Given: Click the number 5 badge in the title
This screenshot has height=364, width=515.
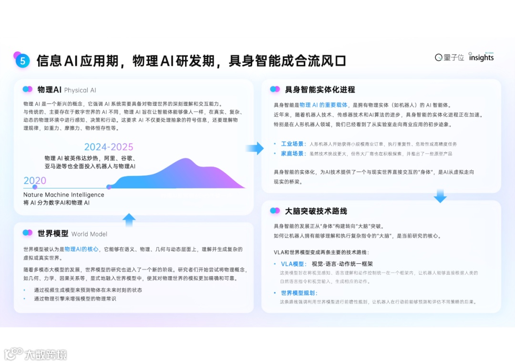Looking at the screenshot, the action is pos(22,61).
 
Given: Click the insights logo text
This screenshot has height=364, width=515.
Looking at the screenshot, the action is pos(481,57).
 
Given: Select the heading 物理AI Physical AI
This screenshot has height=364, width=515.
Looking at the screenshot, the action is pos(67,90).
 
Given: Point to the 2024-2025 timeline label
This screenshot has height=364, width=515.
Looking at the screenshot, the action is pos(109,147).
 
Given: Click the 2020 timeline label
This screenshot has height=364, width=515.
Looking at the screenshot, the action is pos(35,180).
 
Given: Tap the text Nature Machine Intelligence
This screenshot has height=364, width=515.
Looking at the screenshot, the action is pos(63,195).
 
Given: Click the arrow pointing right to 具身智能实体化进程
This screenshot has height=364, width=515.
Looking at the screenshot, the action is pos(255,148).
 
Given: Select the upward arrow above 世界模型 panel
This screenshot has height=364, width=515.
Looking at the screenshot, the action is pos(129,220).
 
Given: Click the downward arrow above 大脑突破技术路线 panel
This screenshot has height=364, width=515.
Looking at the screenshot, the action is pos(440,195).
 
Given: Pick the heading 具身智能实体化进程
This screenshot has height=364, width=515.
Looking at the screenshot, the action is pos(319,90).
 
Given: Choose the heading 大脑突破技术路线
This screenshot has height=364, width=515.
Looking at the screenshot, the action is pos(316,211).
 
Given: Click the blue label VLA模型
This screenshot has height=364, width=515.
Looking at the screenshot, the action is pos(293,264).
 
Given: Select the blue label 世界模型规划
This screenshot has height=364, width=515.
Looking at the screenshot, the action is pos(299,293).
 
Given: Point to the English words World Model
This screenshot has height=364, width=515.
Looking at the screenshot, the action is pos(89,234).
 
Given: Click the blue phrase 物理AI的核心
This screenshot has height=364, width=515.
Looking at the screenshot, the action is pos(82,249).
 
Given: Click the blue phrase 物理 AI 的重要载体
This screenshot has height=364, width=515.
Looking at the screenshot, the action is pos(324,105).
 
